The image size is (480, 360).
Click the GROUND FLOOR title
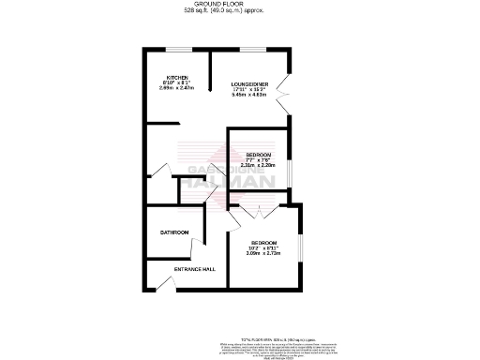click(239, 5)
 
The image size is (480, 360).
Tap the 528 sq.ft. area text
click(239, 11)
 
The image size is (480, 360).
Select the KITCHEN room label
click(178, 77)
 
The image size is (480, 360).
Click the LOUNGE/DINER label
click(250, 84)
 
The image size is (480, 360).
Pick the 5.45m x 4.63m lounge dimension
click(250, 96)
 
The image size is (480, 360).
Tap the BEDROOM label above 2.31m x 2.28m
click(259, 154)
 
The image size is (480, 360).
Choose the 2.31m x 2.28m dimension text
click(259, 165)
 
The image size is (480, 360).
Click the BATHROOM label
click(174, 232)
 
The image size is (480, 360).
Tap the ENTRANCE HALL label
click(195, 269)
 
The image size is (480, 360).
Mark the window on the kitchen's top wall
click(178, 48)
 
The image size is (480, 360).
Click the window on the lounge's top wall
click(251, 48)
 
